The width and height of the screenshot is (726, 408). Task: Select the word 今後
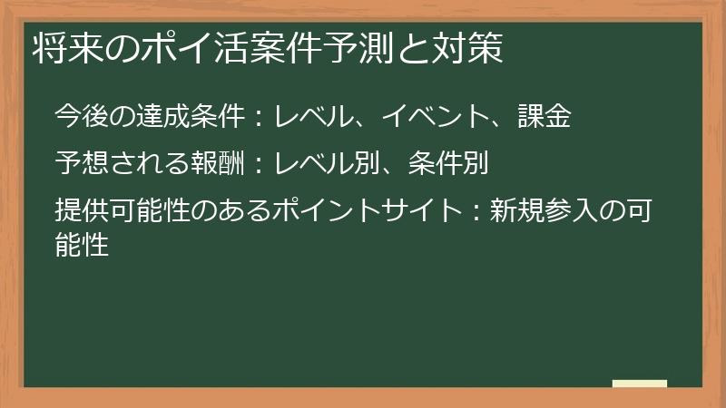[82, 116]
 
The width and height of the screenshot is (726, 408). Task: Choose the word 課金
[544, 116]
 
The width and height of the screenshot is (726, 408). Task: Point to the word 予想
[82, 163]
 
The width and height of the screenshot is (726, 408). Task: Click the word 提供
[82, 212]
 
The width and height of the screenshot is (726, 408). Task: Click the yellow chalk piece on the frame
[640, 384]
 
